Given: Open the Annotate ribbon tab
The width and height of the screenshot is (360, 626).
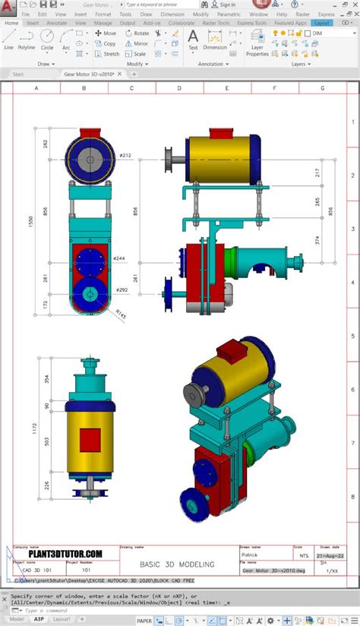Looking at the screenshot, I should click(x=56, y=23).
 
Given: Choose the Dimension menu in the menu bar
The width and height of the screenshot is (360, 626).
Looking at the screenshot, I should click(x=172, y=14).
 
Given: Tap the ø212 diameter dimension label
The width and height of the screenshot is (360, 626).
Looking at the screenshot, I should click(x=125, y=156).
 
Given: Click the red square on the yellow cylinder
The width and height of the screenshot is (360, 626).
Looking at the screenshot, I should click(x=90, y=438).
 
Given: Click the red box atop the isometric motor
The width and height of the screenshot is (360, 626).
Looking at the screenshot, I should click(x=230, y=349).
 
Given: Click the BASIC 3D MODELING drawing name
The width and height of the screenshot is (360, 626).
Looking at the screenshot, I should click(x=176, y=564).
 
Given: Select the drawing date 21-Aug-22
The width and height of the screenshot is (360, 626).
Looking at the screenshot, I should click(x=330, y=555).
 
